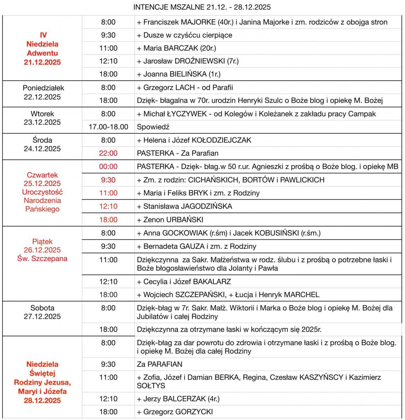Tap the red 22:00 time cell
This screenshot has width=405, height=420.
(108, 153)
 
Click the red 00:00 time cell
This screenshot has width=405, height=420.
(108, 167)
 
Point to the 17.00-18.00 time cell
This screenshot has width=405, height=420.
(108, 127)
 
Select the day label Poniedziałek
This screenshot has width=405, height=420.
(43, 88)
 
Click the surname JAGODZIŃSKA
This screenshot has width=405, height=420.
(206, 206)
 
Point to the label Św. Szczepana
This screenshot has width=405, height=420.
(42, 259)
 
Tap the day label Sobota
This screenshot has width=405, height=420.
(42, 308)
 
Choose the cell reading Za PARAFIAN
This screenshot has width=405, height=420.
(160, 364)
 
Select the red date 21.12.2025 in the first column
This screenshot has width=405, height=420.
(42, 62)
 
